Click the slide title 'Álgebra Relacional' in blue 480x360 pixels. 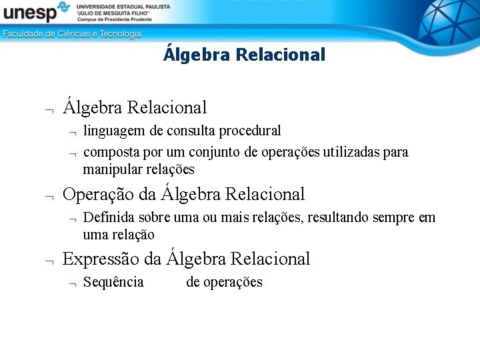click(244, 55)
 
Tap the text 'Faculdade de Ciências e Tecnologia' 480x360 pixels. click(72, 34)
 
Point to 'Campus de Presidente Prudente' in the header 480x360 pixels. click(116, 21)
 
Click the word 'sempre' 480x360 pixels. click(398, 218)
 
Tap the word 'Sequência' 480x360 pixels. click(113, 282)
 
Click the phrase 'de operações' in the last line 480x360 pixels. click(224, 282)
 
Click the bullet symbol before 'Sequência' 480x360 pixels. click(69, 283)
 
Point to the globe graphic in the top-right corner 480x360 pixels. click(448, 20)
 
